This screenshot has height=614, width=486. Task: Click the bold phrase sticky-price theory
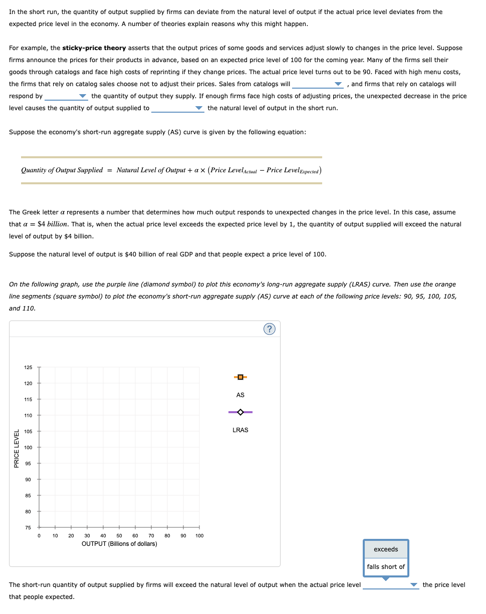pyautogui.click(x=94, y=48)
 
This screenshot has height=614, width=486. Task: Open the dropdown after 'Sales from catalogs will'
pyautogui.click(x=318, y=84)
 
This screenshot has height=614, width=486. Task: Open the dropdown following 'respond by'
pyautogui.click(x=66, y=96)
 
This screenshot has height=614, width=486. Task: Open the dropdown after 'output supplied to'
pyautogui.click(x=178, y=108)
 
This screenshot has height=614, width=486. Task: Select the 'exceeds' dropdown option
pyautogui.click(x=386, y=549)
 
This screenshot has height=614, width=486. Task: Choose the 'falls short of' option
pyautogui.click(x=386, y=567)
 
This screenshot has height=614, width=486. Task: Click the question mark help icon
pyautogui.click(x=270, y=329)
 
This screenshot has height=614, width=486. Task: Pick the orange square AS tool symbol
pyautogui.click(x=240, y=377)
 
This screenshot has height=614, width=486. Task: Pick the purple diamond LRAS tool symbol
pyautogui.click(x=240, y=412)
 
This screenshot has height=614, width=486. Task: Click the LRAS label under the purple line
pyautogui.click(x=240, y=430)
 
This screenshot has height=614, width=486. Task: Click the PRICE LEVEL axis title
pyautogui.click(x=17, y=449)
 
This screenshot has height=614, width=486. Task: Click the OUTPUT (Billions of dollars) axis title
pyautogui.click(x=119, y=544)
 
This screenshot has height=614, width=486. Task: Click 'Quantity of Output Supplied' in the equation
pyautogui.click(x=62, y=170)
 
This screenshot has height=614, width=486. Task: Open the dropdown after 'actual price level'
pyautogui.click(x=390, y=585)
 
